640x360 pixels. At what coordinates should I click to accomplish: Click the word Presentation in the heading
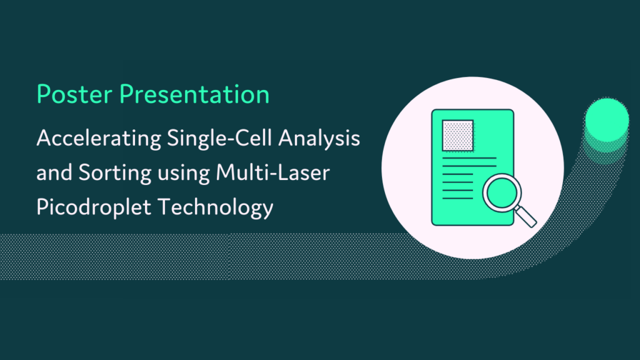click(x=195, y=94)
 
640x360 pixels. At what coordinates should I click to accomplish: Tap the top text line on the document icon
click(x=469, y=159)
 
